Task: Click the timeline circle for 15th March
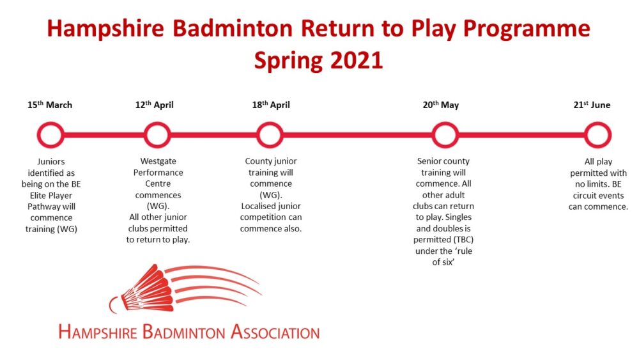(x=38, y=135)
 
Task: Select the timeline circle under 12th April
(x=144, y=135)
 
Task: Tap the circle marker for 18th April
(x=257, y=135)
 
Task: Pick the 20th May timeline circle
(x=433, y=135)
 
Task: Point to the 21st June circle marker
(x=585, y=135)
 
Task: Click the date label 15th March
(x=50, y=105)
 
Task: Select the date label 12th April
(x=155, y=105)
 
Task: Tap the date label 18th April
(x=271, y=105)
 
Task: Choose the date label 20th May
(x=441, y=105)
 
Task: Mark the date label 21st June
(x=592, y=105)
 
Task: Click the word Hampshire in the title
(x=105, y=29)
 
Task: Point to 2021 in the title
(x=357, y=61)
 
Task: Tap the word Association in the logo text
(x=275, y=332)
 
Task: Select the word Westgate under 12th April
(x=158, y=161)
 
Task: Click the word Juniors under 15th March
(x=51, y=161)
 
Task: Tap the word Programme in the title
(x=527, y=29)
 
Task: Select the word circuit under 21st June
(x=585, y=196)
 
